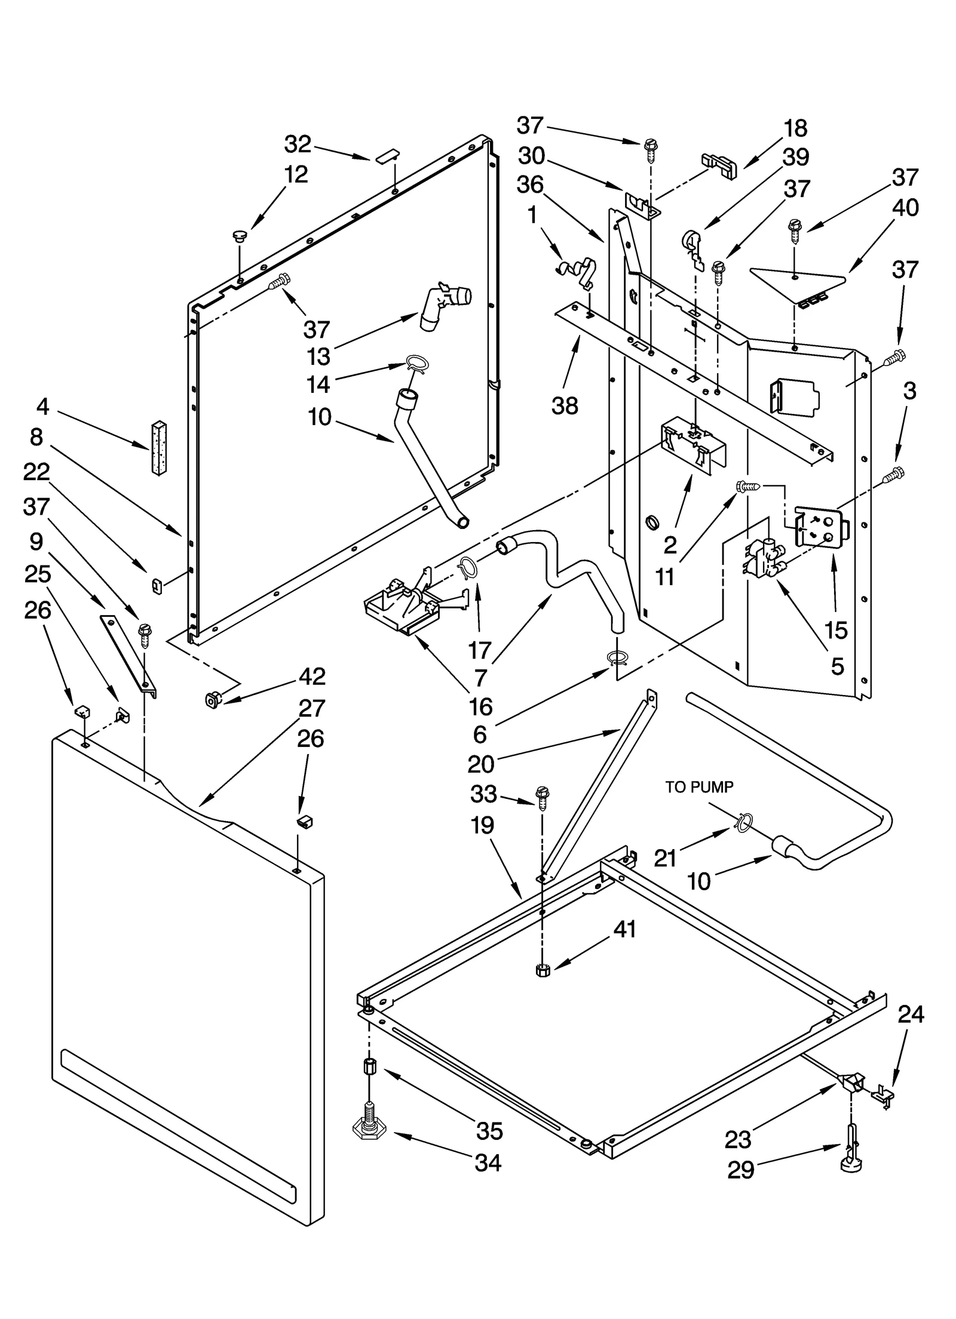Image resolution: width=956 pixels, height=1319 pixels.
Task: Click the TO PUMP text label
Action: click(699, 787)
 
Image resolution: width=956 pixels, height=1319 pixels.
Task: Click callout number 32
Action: click(297, 144)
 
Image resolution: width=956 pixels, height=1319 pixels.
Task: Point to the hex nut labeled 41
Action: click(543, 970)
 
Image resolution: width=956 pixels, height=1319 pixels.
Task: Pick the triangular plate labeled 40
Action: click(795, 284)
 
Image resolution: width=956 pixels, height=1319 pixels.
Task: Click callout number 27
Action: click(311, 709)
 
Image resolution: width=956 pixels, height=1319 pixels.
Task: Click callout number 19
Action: click(482, 826)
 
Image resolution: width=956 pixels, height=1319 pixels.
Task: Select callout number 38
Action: click(565, 406)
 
